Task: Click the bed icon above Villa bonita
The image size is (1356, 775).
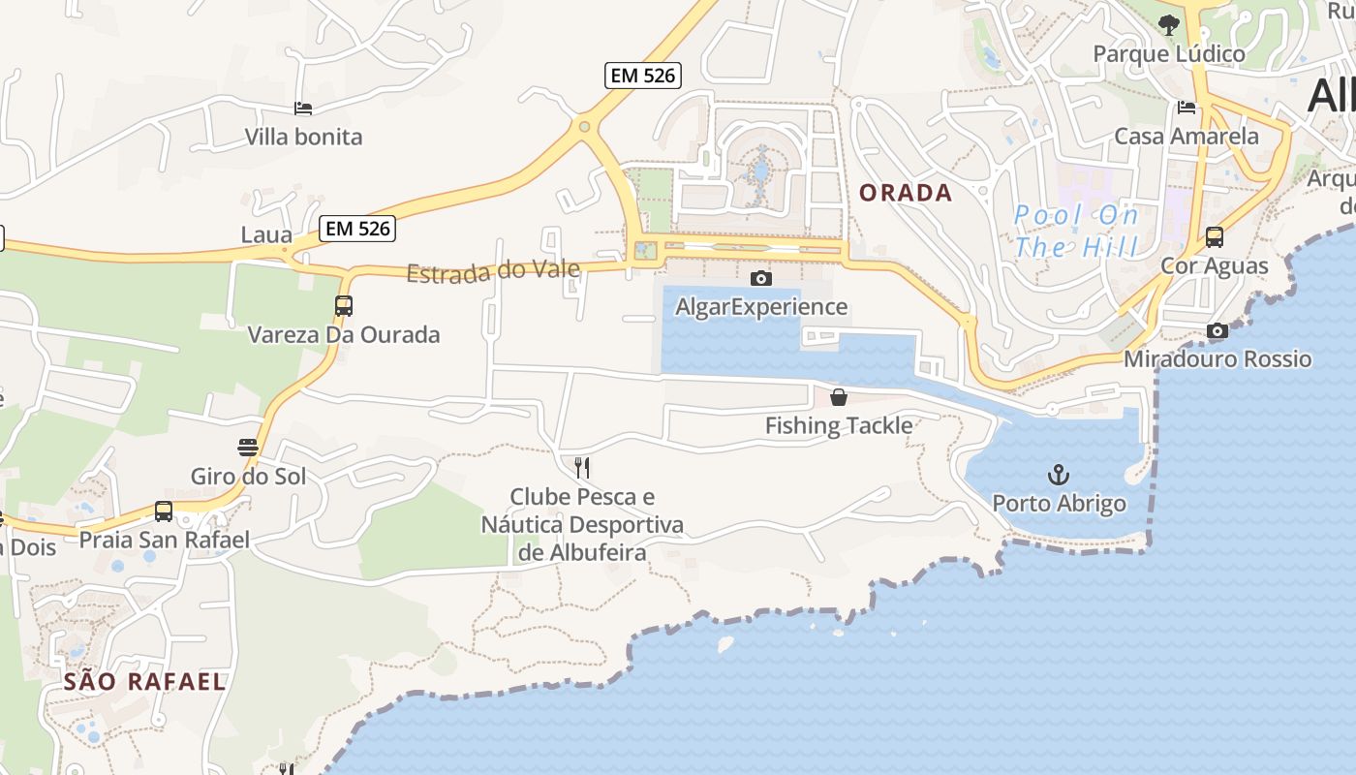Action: tap(303, 108)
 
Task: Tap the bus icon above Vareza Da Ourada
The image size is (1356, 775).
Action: tap(343, 306)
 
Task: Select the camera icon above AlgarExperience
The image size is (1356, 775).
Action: tap(761, 279)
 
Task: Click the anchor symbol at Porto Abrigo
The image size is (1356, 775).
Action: tap(1059, 475)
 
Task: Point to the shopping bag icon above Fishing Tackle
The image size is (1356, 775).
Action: tap(839, 397)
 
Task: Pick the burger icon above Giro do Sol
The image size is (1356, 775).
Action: tap(248, 448)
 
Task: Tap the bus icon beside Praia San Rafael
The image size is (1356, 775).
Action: tap(164, 511)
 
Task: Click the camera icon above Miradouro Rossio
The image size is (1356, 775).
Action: tap(1217, 331)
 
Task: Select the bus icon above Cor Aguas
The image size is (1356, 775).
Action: tap(1214, 237)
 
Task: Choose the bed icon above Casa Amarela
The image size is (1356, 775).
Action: tap(1186, 108)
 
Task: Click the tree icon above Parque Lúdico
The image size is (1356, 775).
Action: tap(1169, 25)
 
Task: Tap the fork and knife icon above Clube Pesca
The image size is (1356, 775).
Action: tap(582, 468)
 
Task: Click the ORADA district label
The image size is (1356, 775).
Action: tap(906, 193)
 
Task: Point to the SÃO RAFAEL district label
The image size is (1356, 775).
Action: tap(145, 681)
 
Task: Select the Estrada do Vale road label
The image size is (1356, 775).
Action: tap(493, 271)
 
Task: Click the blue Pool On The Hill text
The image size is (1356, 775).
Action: tap(1076, 231)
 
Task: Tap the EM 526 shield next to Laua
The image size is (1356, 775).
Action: tap(357, 229)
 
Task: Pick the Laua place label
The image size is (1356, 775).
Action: tap(266, 234)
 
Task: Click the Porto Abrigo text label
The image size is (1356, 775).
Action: tap(1059, 504)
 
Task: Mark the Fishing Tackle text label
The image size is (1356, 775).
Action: tap(839, 425)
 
